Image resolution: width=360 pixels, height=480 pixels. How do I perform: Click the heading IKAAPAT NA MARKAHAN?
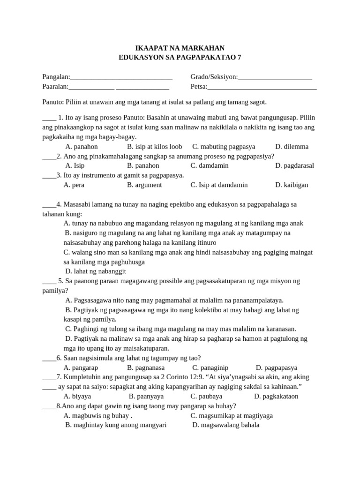(x=180, y=48)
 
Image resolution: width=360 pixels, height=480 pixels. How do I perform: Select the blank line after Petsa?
(x=262, y=87)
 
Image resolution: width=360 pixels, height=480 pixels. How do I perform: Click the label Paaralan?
(x=55, y=86)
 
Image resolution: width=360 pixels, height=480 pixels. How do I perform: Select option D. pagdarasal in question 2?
(x=294, y=165)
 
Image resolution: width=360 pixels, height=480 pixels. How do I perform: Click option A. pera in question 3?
(x=74, y=185)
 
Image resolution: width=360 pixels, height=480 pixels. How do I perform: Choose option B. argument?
(x=144, y=185)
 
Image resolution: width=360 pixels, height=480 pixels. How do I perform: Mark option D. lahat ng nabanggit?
(x=96, y=271)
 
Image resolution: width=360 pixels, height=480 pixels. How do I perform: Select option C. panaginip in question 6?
(x=210, y=368)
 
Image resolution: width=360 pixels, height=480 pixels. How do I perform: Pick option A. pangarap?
(x=81, y=368)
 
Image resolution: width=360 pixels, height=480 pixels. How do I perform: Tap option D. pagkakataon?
(x=276, y=396)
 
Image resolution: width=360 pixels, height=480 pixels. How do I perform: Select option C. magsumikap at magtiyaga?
(x=232, y=416)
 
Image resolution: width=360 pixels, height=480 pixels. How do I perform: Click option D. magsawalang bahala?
(x=226, y=425)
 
